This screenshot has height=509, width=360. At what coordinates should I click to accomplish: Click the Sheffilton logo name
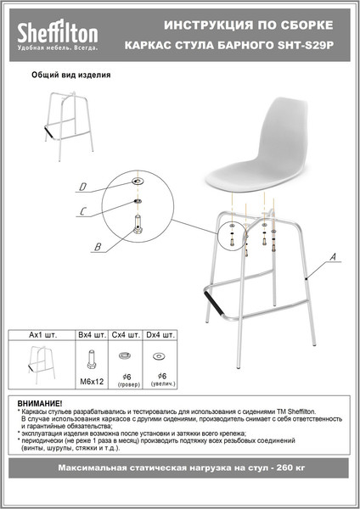[58, 33]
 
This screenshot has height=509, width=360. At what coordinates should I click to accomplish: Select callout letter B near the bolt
[97, 247]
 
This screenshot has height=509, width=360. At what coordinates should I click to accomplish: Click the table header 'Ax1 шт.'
[42, 334]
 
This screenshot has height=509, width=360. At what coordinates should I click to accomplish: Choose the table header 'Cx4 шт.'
[126, 334]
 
